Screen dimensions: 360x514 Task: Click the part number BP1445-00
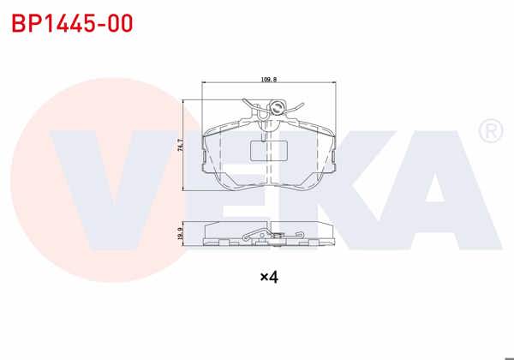(x=72, y=24)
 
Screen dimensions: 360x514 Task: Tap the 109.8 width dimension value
(x=267, y=79)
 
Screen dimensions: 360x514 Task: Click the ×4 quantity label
(x=270, y=277)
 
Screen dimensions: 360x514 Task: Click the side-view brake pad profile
(x=267, y=233)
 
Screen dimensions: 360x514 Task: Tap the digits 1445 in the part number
(x=70, y=24)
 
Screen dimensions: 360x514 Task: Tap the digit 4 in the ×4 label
(x=275, y=277)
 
